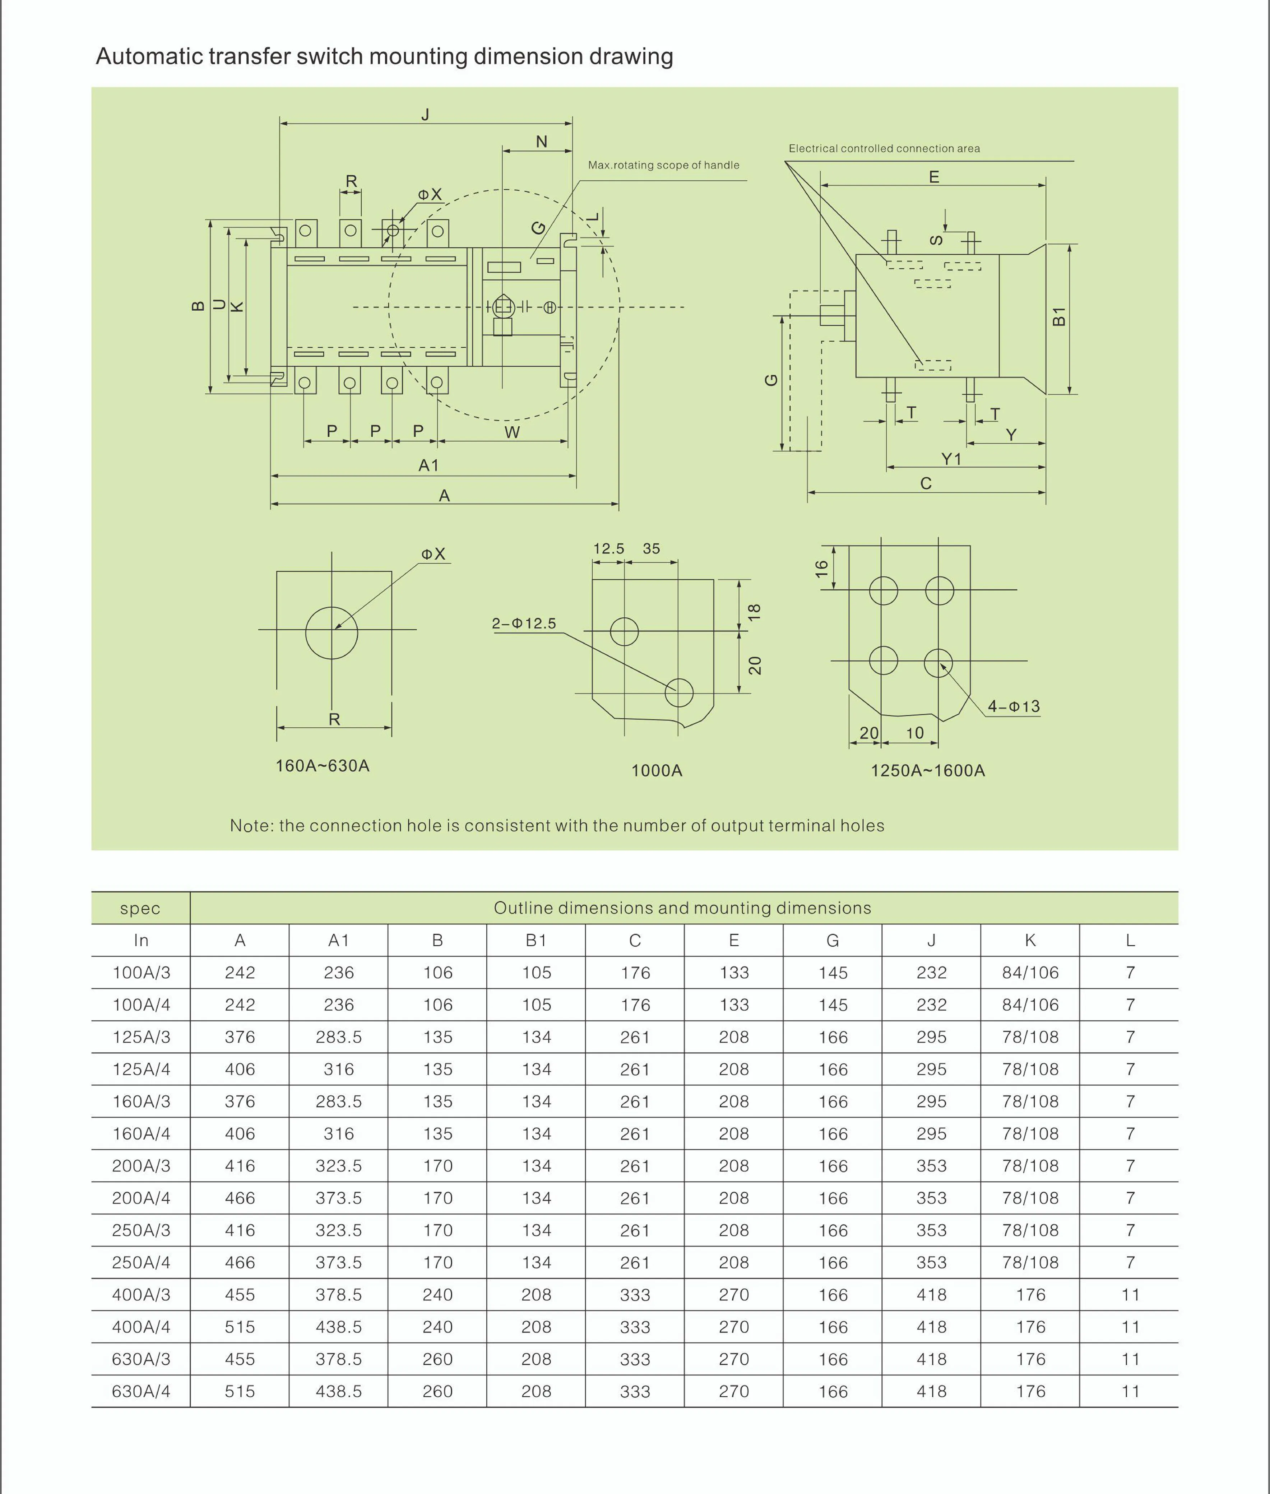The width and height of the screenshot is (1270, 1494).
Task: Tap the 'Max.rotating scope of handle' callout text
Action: pos(663,165)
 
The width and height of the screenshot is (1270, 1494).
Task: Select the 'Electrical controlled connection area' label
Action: pos(884,148)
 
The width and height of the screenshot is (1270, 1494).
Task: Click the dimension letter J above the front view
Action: pos(426,115)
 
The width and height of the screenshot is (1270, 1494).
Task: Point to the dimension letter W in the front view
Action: pos(512,432)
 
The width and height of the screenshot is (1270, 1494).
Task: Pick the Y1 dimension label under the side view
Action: pos(951,459)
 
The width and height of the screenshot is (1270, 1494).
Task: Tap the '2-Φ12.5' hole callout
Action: pos(524,623)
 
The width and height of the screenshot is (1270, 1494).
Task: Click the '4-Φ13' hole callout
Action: pos(1014,706)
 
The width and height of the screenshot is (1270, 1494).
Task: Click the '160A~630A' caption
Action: pos(323,765)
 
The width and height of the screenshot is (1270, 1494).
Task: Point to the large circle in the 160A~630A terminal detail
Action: pos(331,633)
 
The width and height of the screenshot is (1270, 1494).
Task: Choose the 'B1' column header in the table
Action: pos(536,940)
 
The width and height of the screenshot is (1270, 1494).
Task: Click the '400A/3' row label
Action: pos(141,1295)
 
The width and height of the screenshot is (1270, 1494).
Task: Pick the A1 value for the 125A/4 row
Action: pos(338,1069)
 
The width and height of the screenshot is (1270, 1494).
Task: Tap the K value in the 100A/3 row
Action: pos(1030,973)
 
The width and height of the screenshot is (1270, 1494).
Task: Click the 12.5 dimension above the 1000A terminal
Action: pos(608,549)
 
